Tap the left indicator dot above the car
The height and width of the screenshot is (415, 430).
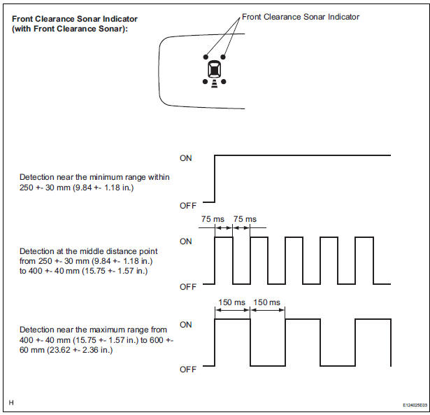point(205,56)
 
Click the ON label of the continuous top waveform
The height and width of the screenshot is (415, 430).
point(186,158)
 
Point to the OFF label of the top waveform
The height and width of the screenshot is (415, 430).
point(187,205)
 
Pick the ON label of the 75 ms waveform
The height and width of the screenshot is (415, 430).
point(186,241)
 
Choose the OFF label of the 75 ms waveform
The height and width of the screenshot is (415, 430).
point(187,287)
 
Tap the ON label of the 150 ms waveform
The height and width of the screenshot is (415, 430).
point(186,325)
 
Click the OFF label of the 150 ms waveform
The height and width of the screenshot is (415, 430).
point(187,370)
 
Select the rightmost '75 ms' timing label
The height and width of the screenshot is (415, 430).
point(245,218)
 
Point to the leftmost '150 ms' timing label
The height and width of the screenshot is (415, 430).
point(231,302)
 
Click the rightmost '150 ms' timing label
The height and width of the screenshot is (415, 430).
point(266,302)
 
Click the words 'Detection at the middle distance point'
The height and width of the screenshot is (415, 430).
point(88,251)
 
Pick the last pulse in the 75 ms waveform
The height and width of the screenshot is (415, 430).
point(364,260)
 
